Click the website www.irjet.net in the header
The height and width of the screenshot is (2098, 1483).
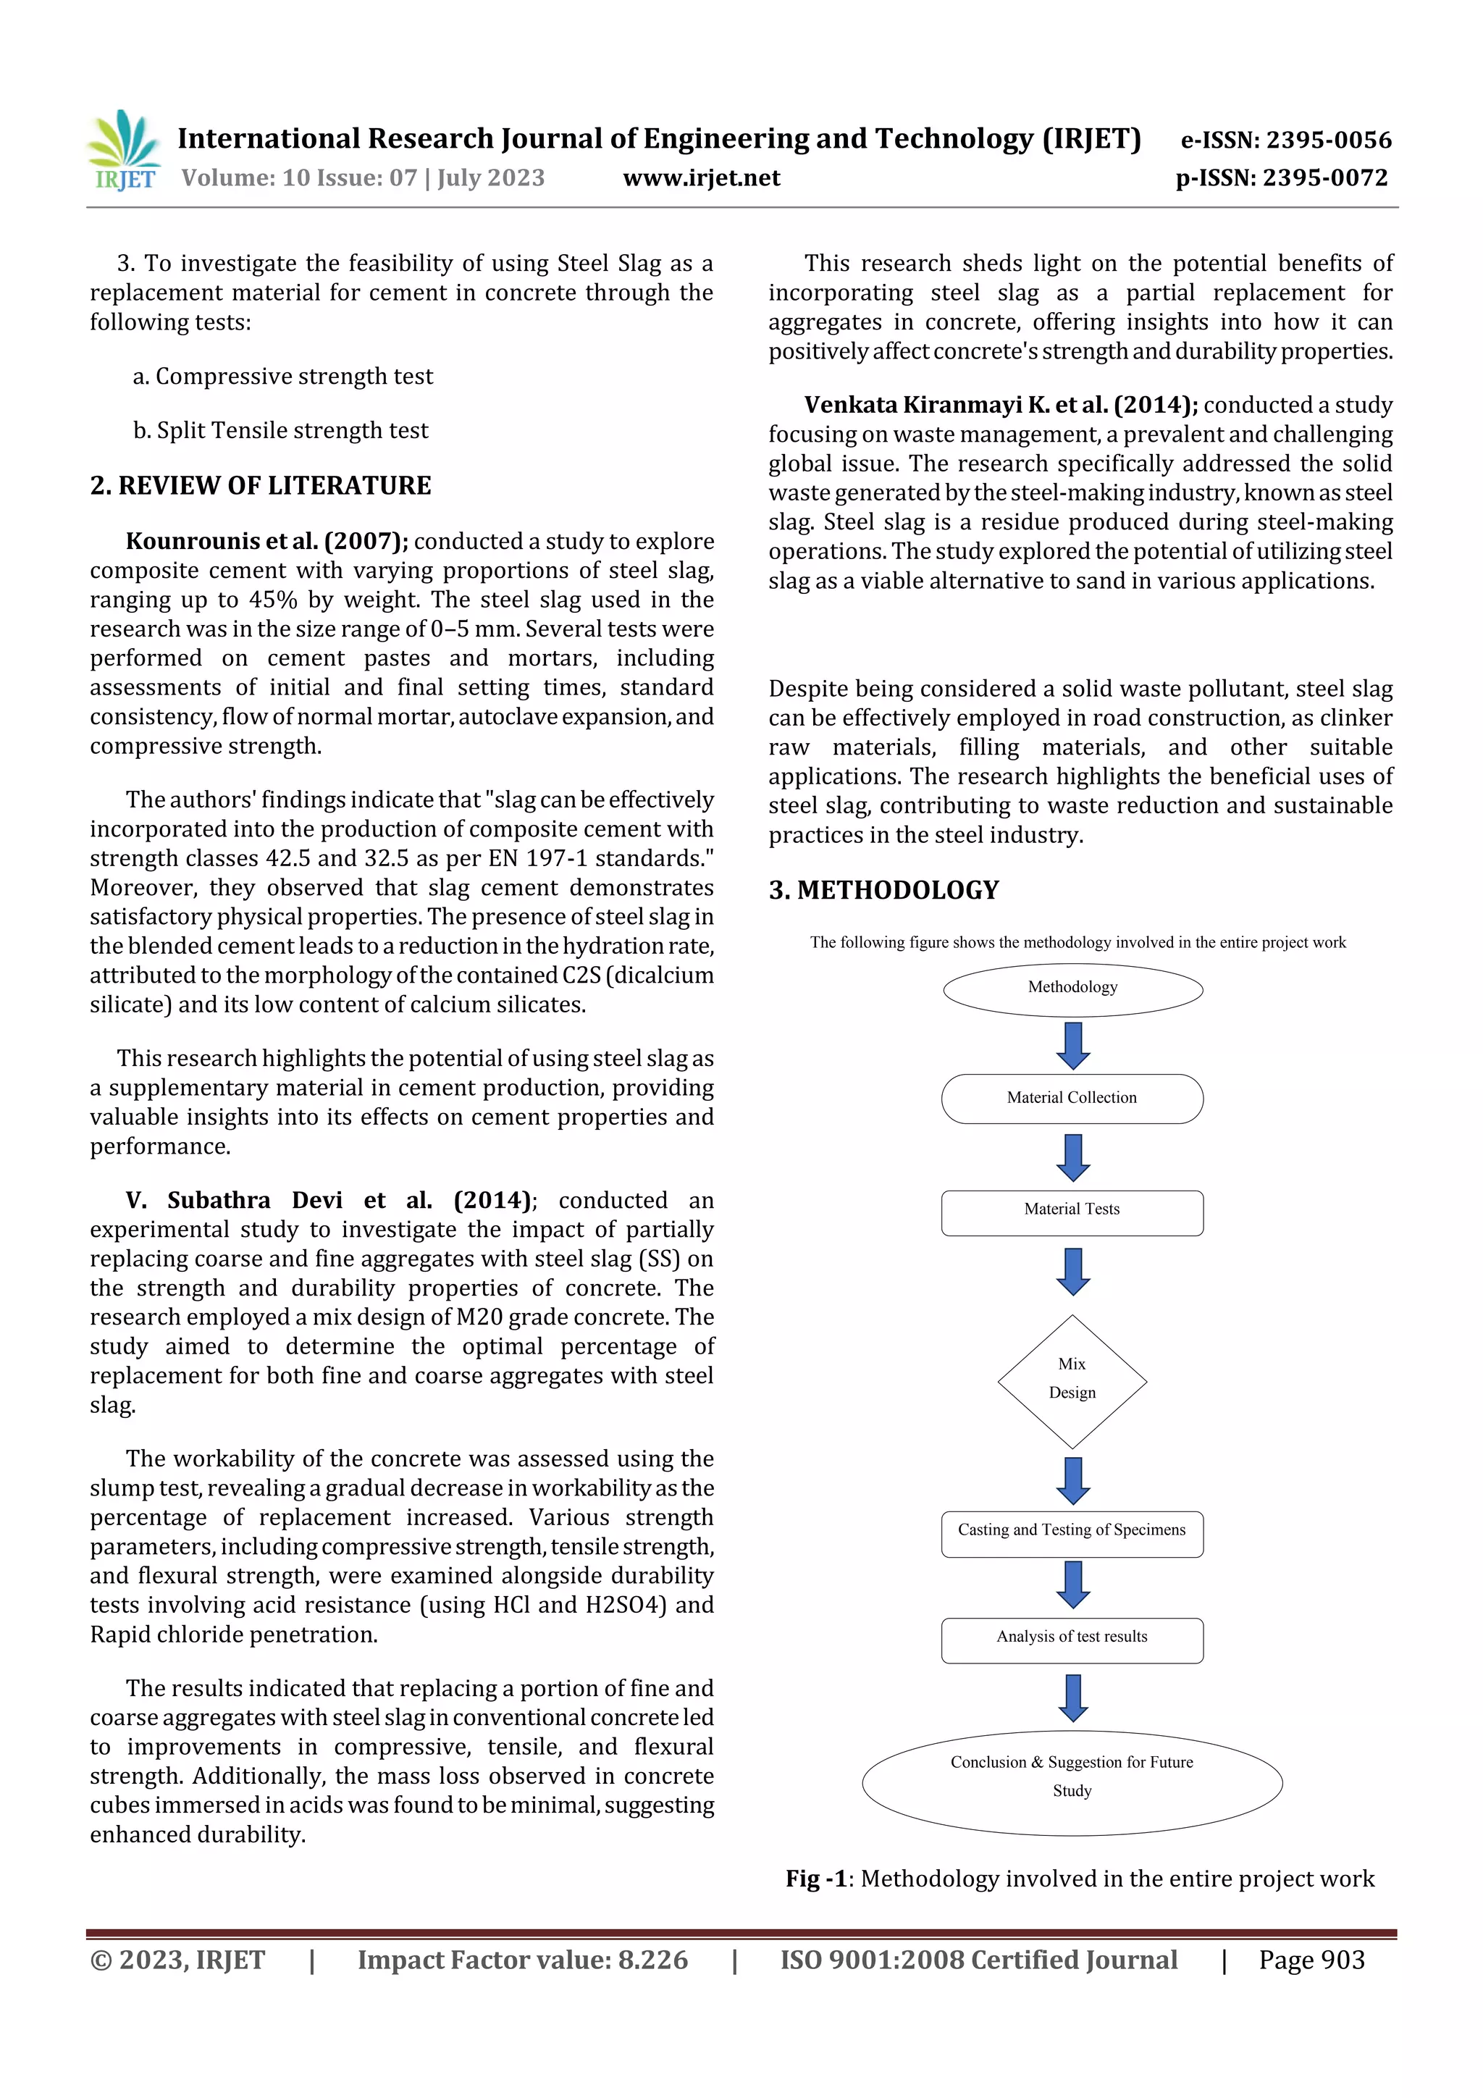(x=701, y=178)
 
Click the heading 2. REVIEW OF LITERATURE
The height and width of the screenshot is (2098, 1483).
(x=261, y=485)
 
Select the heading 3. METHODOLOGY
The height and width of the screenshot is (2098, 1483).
(x=883, y=890)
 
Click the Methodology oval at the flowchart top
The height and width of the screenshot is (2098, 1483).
(x=1072, y=989)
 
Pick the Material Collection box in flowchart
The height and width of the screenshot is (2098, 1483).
(x=1072, y=1099)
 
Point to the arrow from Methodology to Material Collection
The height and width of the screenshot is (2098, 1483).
(x=1072, y=1045)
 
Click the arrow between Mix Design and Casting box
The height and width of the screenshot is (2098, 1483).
(x=1072, y=1480)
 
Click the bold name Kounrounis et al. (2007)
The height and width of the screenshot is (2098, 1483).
(x=266, y=541)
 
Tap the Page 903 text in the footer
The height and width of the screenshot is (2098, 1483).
(x=1311, y=1960)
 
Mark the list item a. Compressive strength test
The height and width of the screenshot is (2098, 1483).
(x=282, y=377)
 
